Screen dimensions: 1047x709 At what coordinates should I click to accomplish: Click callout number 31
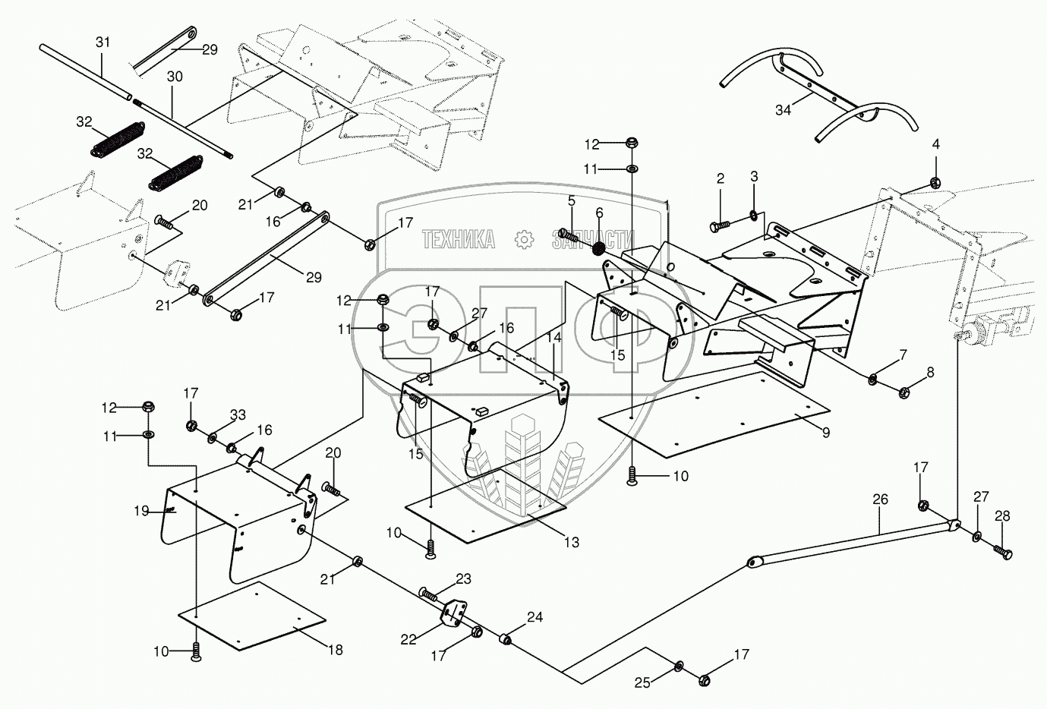102,42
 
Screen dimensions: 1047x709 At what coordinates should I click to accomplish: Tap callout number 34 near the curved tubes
783,110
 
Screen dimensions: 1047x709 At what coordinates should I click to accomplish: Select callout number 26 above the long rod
880,499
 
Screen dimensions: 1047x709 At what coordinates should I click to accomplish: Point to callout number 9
826,433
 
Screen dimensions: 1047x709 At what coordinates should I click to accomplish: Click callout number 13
572,542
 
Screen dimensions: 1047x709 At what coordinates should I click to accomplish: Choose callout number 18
335,650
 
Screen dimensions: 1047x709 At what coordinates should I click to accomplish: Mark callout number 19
142,511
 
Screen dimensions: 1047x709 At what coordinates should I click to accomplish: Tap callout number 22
408,639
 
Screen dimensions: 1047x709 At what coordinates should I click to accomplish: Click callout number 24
535,617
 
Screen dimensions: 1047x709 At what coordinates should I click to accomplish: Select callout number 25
642,683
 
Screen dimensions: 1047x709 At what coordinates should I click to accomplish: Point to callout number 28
1002,516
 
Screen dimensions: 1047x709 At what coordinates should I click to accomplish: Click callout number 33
238,414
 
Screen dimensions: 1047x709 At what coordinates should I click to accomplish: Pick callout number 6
599,213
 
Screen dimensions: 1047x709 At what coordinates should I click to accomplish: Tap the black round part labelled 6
598,249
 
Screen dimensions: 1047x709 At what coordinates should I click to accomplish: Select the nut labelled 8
904,392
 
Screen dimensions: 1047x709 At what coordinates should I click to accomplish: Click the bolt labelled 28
1003,552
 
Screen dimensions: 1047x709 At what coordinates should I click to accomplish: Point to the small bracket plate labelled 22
454,617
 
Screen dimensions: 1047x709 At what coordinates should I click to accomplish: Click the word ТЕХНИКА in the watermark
458,239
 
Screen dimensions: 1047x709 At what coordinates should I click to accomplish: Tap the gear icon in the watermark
524,239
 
